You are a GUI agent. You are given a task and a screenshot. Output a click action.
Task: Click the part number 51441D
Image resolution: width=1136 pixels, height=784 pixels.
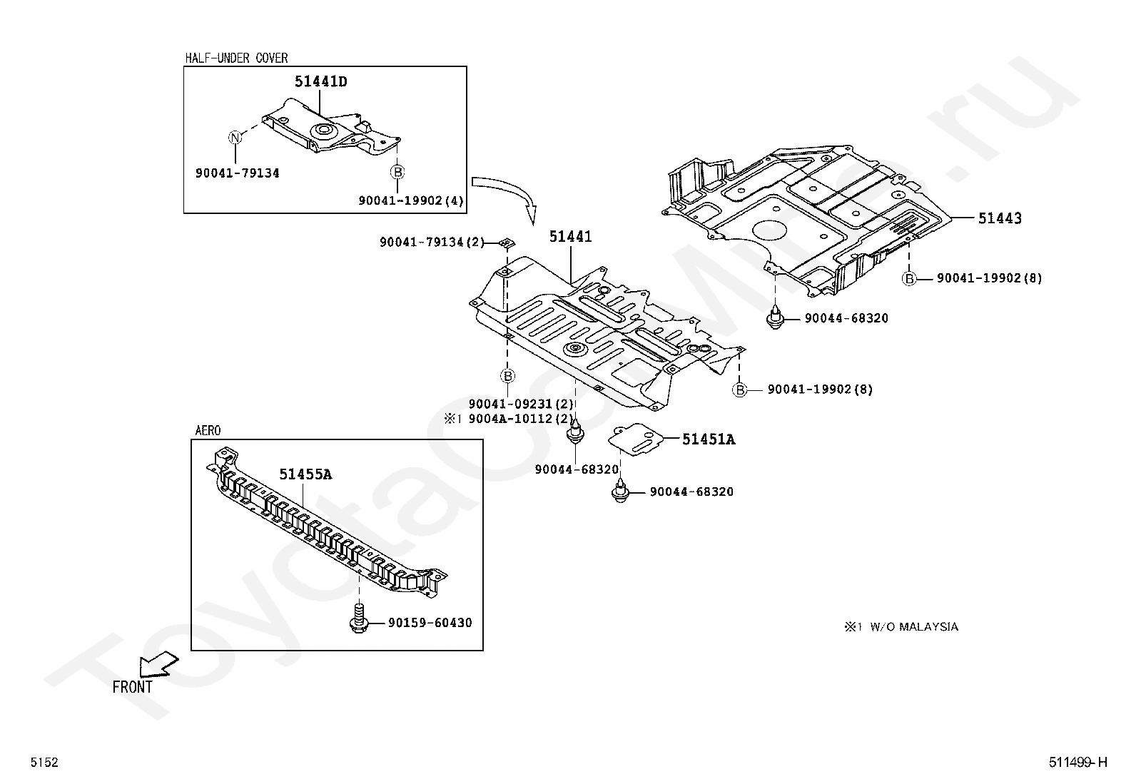coord(320,82)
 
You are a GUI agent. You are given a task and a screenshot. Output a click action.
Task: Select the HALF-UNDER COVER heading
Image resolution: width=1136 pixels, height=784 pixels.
coord(236,58)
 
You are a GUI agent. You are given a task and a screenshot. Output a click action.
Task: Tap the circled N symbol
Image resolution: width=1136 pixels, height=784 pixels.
coord(235,138)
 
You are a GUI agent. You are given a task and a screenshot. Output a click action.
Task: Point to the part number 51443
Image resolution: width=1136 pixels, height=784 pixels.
coord(999,218)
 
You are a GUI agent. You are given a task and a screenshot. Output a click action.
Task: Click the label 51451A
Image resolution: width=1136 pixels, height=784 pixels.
coord(708,439)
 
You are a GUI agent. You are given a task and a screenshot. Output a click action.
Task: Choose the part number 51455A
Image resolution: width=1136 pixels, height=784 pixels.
coord(305,474)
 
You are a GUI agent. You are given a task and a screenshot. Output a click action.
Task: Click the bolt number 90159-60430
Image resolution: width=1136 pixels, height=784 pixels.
coord(430,623)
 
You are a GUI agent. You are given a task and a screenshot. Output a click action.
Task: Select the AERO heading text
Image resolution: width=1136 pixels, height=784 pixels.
coord(208,430)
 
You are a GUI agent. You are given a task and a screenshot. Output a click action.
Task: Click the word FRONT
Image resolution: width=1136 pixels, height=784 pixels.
coord(133,687)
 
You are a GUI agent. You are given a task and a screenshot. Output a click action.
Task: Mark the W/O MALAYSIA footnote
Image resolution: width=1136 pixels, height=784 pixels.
coord(901,627)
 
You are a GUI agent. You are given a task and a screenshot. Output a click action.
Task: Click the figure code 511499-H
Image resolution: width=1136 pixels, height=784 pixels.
coord(1077,763)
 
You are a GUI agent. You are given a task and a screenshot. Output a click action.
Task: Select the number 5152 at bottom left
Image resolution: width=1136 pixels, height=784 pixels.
coord(44,763)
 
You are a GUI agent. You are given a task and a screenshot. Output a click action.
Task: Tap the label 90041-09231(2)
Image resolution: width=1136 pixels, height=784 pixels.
coord(521,404)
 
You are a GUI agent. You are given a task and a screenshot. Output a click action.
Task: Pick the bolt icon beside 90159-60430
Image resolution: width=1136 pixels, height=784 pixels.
coord(359,618)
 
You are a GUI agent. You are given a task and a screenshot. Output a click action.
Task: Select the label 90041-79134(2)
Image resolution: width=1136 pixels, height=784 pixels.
coord(432,243)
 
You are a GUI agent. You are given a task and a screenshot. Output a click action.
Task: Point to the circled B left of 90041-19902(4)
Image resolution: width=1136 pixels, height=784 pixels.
coord(397,172)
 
